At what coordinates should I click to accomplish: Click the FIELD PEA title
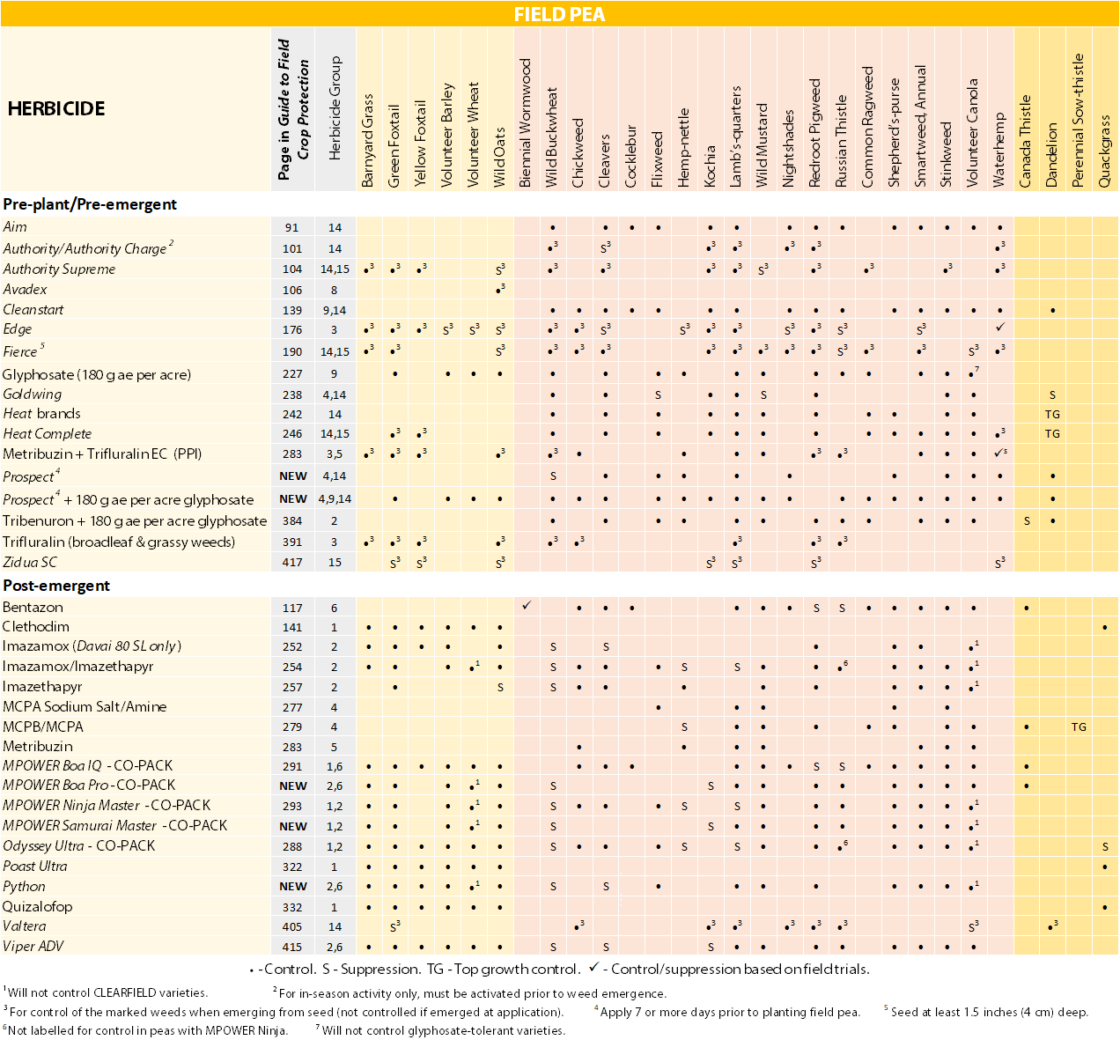[560, 14]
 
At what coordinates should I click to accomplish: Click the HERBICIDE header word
[56, 109]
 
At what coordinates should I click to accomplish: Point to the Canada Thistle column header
[1026, 141]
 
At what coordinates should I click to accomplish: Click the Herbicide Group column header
[335, 108]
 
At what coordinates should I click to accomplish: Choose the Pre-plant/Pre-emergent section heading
[90, 204]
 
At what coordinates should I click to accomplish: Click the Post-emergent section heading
[56, 586]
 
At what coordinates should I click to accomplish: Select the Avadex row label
[25, 289]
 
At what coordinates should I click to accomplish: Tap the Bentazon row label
[33, 608]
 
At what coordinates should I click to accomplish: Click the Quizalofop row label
[37, 906]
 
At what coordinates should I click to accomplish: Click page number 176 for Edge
[292, 330]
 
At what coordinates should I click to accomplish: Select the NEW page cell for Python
[292, 887]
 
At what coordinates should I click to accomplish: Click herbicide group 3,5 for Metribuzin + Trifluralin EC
[335, 454]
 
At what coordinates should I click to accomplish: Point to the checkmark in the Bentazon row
[527, 606]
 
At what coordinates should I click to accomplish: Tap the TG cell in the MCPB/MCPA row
[1079, 727]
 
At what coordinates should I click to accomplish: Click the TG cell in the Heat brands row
[1052, 414]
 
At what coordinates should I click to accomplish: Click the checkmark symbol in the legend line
[594, 968]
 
